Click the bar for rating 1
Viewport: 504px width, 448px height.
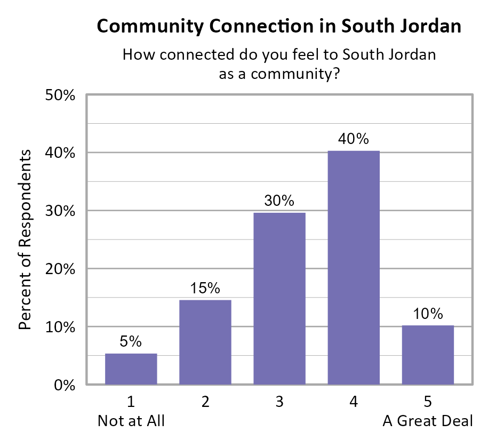point(131,369)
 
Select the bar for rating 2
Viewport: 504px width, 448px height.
point(205,342)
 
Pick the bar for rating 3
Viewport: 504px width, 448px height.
point(279,298)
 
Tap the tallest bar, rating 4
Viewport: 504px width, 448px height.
point(353,267)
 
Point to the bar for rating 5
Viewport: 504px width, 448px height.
point(428,355)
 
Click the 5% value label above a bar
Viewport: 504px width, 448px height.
point(131,340)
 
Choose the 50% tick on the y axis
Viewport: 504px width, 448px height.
point(60,95)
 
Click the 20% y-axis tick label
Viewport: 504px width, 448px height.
point(60,269)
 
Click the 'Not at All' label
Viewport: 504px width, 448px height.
point(131,421)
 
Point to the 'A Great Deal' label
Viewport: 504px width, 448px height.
point(428,421)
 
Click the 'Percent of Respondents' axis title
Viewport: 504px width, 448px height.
point(25,239)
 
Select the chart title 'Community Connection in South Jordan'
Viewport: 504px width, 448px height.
point(279,27)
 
